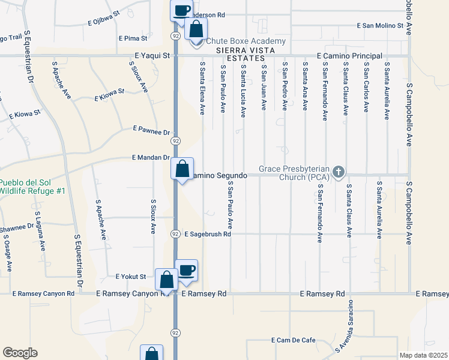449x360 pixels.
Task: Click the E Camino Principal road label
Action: tap(349, 56)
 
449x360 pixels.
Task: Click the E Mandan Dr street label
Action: tap(151, 157)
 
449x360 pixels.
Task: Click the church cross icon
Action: tap(339, 172)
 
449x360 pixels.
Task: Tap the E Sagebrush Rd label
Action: tap(208, 234)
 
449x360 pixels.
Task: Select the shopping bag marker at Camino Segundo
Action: tap(182, 169)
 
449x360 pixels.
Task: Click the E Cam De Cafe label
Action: tap(294, 340)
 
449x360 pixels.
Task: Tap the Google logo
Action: tap(20, 353)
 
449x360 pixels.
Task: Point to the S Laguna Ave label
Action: tap(42, 232)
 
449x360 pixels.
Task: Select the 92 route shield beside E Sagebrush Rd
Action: tap(175, 233)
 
